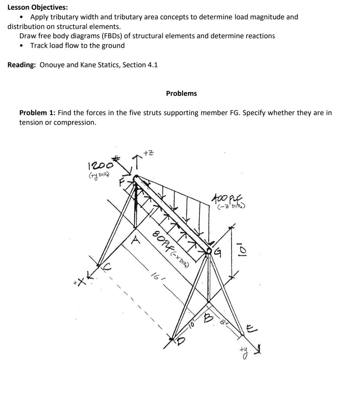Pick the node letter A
137,241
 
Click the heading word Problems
181,94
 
